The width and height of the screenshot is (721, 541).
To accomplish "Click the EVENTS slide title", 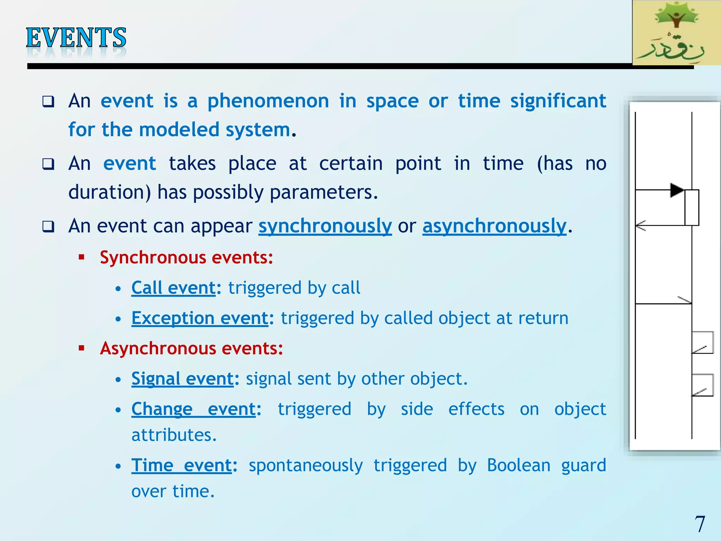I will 76,38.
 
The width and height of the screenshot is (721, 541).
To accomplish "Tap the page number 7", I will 700,524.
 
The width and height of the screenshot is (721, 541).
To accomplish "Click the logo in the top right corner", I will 676,32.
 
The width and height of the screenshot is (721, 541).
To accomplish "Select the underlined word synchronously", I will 325,226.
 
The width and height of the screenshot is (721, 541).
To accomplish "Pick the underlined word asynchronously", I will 494,226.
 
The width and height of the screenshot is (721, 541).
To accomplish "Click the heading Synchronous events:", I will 186,257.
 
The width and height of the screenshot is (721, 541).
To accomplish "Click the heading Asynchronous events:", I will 191,348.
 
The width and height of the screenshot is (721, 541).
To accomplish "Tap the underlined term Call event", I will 173,288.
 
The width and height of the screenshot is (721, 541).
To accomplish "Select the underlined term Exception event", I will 200,318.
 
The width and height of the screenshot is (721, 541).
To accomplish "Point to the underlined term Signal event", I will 182,379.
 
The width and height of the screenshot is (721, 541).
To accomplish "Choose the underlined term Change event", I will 194,409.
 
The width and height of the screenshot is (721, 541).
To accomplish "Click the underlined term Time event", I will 182,465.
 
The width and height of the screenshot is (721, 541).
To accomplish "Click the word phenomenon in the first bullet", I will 268,101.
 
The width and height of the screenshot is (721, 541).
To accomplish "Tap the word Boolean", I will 519,465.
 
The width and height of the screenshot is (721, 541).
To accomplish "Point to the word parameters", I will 323,193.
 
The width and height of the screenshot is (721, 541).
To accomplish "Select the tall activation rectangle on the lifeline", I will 692,207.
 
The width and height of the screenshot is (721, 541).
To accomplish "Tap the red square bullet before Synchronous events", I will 82,257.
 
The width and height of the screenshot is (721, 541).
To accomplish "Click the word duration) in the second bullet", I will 109,193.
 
